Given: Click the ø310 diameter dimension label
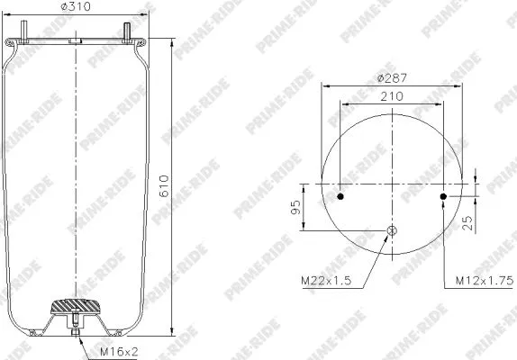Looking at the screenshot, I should (x=77, y=9).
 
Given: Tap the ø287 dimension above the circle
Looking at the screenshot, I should (x=392, y=79).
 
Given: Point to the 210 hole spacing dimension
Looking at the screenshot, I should (x=391, y=96).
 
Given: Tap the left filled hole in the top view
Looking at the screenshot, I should (x=340, y=195).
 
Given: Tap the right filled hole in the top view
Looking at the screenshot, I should (x=442, y=195).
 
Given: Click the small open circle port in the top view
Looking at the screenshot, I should (x=392, y=231).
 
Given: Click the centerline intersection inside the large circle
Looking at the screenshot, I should (x=392, y=183).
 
